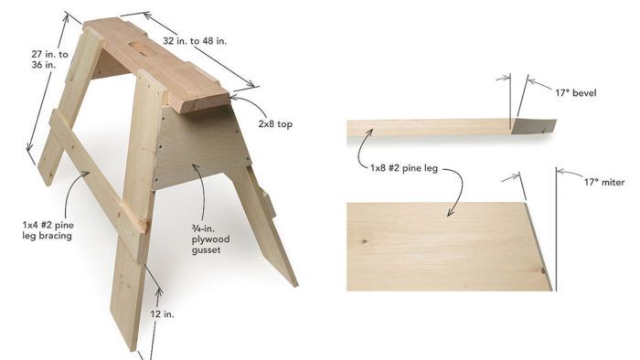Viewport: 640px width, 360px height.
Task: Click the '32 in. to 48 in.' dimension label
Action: coord(195,41)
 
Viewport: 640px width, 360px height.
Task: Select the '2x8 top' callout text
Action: coord(275,124)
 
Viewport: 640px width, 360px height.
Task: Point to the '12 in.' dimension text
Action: coord(162,314)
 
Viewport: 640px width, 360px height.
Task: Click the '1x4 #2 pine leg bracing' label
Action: coord(48,230)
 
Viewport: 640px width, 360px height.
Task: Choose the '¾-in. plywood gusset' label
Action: coord(210,238)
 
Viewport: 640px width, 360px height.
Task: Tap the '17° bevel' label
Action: coord(575,93)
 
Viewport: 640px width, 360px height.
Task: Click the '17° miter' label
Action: coord(604,182)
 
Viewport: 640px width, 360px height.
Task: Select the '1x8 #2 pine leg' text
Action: coord(404,168)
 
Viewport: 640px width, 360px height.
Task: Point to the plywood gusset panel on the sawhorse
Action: coord(202,147)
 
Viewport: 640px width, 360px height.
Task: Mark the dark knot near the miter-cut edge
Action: coord(543,270)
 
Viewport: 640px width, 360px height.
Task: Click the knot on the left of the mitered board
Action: coord(364,241)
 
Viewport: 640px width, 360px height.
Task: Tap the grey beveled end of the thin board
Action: coord(534,126)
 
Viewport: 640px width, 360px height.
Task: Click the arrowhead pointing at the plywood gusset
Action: coord(195,167)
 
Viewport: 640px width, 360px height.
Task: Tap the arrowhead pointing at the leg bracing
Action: coord(86,175)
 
